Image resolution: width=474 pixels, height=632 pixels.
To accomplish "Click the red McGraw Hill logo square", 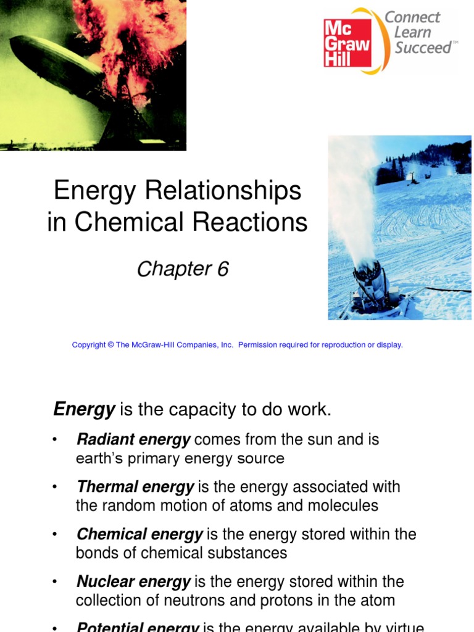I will tap(347, 42).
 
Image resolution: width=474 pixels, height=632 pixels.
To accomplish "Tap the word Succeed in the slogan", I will tap(423, 48).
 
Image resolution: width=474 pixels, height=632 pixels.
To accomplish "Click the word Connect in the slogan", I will tap(412, 17).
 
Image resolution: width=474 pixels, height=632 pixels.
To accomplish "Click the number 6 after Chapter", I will tap(222, 269).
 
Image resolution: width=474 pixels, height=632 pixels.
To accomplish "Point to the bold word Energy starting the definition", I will tap(85, 409).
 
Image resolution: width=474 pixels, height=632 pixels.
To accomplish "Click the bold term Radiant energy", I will tap(133, 439).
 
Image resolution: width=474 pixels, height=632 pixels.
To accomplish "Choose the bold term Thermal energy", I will tap(135, 487).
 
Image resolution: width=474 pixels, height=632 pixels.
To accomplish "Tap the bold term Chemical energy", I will tap(139, 534).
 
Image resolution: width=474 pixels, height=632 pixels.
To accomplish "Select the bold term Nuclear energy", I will tap(133, 581).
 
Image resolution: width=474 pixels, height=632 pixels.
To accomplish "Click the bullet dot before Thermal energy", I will tap(56, 487).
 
